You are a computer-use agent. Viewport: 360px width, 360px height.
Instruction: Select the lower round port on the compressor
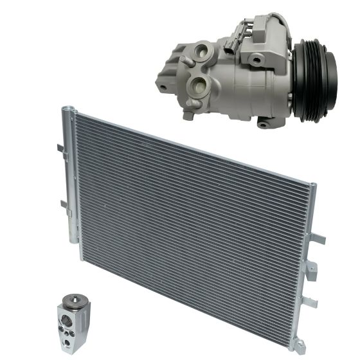click(x=199, y=86)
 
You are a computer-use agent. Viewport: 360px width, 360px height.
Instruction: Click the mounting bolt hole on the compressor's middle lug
click(x=256, y=59)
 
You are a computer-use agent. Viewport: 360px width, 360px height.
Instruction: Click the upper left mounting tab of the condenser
click(x=59, y=148)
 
